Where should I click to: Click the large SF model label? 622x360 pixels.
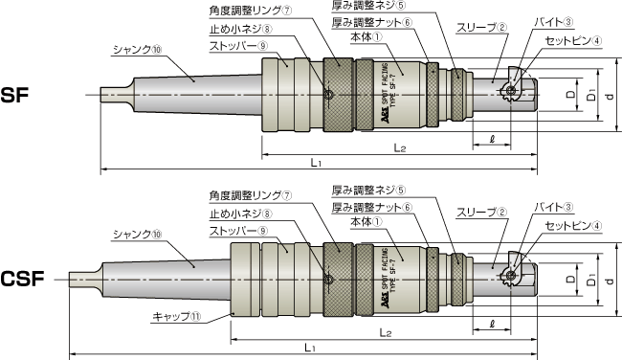(14, 95)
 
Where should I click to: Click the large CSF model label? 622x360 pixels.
(22, 279)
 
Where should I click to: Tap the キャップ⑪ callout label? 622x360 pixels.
(177, 316)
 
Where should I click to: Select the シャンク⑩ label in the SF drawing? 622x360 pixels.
(138, 50)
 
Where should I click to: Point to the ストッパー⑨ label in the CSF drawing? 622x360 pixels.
(238, 231)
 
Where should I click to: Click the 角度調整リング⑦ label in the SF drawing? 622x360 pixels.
(251, 11)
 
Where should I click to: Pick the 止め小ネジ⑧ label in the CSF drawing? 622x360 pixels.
(241, 214)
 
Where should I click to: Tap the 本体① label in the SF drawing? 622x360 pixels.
(367, 37)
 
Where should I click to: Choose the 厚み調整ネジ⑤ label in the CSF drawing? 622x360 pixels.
(368, 191)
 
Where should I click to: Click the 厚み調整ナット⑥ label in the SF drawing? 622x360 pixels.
(372, 22)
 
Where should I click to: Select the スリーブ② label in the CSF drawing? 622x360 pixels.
(481, 213)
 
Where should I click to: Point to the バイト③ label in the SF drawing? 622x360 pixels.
(554, 22)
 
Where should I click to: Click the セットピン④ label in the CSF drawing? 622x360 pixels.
(573, 226)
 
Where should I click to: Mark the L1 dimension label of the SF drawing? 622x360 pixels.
(316, 162)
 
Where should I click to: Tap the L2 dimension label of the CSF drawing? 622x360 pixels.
(386, 332)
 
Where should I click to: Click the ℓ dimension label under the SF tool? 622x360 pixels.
(492, 139)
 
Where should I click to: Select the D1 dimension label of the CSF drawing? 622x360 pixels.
(591, 280)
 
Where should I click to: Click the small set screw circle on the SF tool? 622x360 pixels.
(328, 95)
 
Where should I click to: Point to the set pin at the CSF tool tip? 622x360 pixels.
(511, 275)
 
